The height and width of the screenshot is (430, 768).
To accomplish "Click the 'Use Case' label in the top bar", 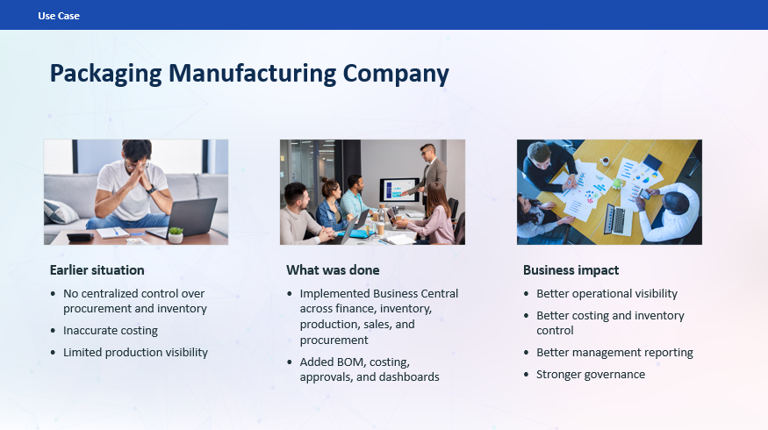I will tap(59, 16).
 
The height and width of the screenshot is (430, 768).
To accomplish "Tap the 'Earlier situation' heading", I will tap(97, 269).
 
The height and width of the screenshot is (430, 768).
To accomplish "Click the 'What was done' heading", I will tap(333, 269).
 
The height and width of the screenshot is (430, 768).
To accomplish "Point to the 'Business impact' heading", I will tap(571, 269).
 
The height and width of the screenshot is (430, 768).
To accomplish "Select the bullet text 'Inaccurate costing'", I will tap(111, 331).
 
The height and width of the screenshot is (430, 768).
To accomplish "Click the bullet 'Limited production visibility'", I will tap(135, 352).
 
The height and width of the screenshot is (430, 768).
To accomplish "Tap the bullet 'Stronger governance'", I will tap(591, 374).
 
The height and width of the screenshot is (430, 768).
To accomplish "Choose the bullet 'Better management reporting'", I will tap(614, 352).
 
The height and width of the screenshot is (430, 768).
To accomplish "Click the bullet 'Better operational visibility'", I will tap(607, 293).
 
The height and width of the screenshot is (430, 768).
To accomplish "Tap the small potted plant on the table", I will tap(176, 234).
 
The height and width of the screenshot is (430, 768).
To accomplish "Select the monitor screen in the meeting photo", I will tap(398, 190).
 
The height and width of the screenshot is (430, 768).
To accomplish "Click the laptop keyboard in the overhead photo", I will tap(616, 219).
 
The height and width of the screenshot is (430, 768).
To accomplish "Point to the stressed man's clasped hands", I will tap(134, 176).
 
